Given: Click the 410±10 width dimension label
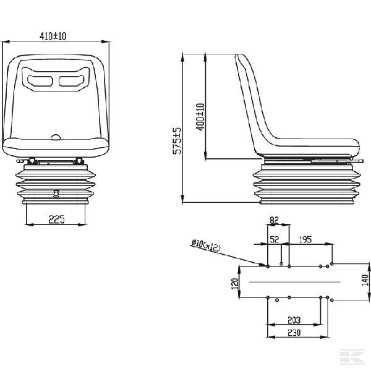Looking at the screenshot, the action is click(53, 36).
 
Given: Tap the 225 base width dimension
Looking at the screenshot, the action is click(56, 220).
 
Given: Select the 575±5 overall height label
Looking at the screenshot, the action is click(177, 141).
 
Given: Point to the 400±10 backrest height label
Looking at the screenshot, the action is click(200, 117).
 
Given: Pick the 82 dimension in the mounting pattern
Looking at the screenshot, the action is click(274, 220).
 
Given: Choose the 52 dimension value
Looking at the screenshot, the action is click(275, 239).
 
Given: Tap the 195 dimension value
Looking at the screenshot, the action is click(305, 239).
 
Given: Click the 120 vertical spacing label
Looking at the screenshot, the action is click(235, 283).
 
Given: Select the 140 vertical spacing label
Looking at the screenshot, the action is click(365, 280).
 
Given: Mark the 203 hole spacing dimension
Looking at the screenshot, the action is click(294, 320).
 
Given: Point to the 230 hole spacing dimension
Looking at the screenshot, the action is click(294, 333).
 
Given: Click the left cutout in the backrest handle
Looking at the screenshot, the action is click(40, 80).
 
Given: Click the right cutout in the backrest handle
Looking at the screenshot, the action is click(71, 80).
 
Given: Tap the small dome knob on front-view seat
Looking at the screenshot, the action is click(56, 137).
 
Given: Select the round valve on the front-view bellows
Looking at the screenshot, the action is click(56, 194).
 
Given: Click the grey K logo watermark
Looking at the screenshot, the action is click(352, 356).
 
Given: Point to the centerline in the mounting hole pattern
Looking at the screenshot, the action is click(294, 282).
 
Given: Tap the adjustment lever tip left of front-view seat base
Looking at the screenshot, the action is click(19, 161).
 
